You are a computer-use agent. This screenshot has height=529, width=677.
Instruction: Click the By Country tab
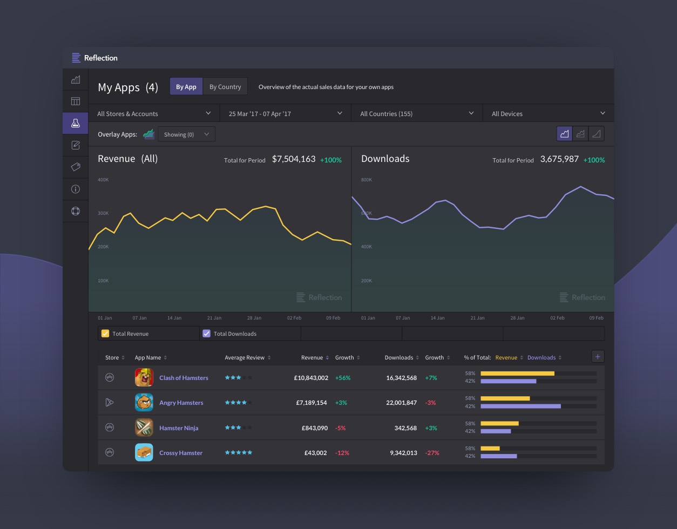[x=225, y=87]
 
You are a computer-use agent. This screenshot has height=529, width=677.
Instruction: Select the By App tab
[x=186, y=87]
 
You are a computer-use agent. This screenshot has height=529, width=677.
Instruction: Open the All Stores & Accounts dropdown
[x=154, y=113]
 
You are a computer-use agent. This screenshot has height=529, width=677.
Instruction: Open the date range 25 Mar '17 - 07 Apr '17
[x=285, y=113]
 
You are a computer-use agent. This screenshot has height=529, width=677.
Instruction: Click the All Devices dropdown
[x=548, y=113]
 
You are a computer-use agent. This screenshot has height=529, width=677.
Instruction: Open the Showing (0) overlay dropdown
[x=186, y=134]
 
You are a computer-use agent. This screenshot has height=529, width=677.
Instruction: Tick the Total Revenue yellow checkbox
[x=105, y=334]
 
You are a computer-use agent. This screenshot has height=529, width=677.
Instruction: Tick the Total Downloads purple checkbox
[x=206, y=334]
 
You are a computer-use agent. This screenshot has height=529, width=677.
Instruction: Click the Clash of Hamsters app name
[x=184, y=378]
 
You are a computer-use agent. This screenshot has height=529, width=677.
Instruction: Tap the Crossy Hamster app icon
[x=144, y=452]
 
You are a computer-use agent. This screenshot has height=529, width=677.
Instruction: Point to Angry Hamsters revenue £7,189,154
[x=311, y=403]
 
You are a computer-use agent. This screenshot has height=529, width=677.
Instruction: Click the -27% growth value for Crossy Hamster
[x=432, y=453]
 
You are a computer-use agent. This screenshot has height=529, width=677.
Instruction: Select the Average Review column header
[x=245, y=357]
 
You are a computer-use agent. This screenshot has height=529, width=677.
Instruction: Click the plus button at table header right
[x=598, y=357]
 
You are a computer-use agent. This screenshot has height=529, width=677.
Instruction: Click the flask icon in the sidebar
[x=76, y=123]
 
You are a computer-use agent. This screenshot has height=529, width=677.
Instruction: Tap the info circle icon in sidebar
[x=76, y=189]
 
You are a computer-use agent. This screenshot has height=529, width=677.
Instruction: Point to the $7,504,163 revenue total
[x=294, y=159]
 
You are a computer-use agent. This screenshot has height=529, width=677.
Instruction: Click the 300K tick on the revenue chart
[x=103, y=213]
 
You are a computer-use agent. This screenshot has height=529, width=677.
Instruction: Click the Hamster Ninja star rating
[x=238, y=428]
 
